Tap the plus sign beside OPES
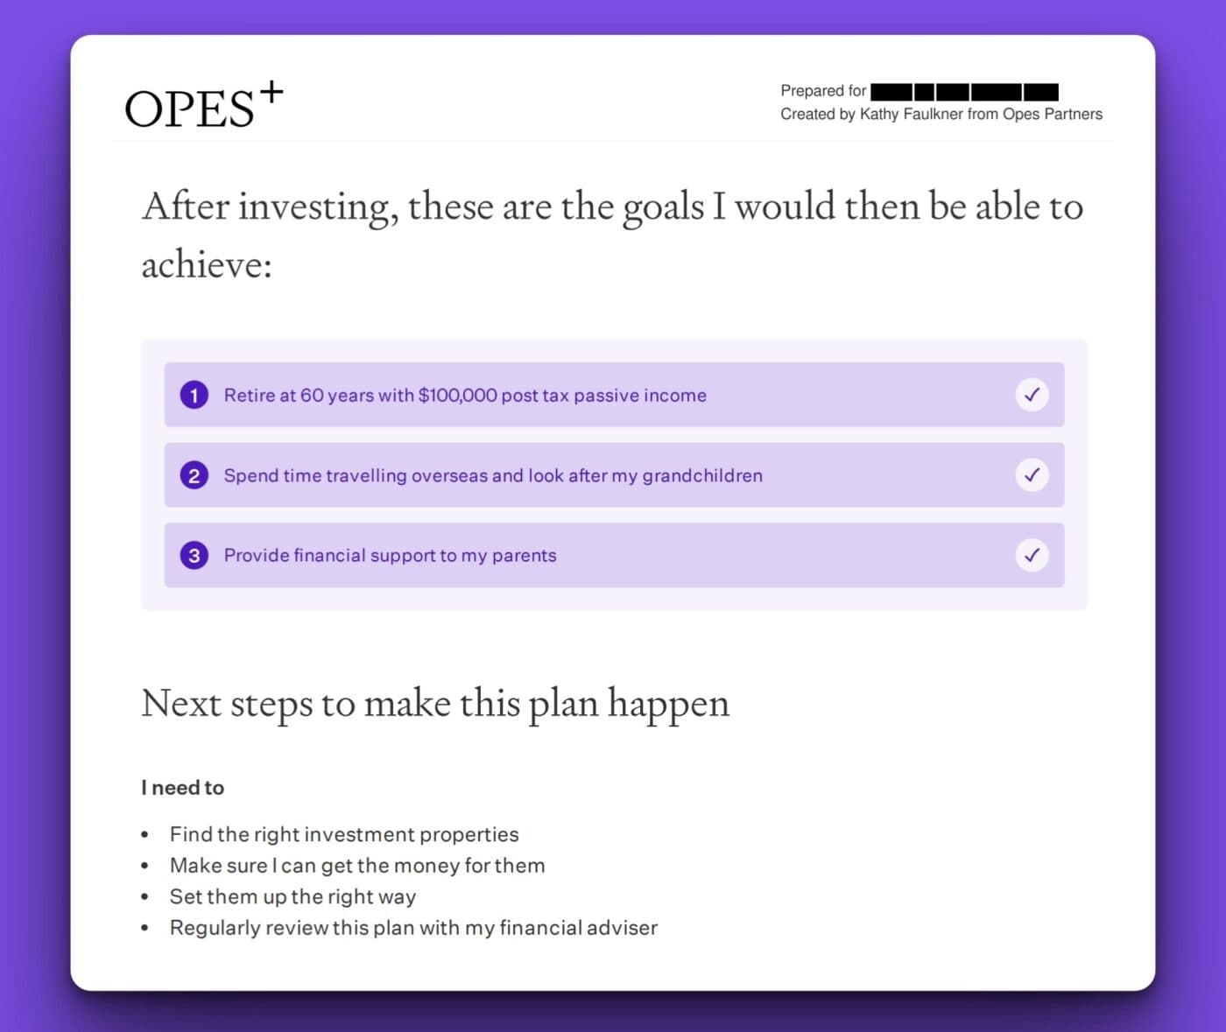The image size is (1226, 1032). coord(271,91)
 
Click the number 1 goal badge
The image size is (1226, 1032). coord(194,395)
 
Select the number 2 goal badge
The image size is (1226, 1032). coord(194,475)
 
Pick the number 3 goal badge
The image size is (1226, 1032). coord(194,555)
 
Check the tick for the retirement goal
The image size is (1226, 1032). coord(1032,395)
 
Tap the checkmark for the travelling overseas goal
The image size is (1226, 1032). coord(1032,475)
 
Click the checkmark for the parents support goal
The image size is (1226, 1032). coord(1032,555)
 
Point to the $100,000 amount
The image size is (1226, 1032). coord(458,395)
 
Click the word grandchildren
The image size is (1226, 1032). coord(701,475)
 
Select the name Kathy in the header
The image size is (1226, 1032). coord(878,114)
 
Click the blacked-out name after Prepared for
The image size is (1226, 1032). coord(964,92)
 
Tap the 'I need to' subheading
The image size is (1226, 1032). coord(182,788)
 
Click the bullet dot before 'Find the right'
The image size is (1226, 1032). coord(145,835)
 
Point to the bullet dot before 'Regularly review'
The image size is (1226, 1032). coord(145,928)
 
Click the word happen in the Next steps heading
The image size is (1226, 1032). coord(668,704)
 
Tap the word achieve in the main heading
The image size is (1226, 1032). coord(201,263)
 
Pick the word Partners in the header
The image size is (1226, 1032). coord(1073,114)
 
